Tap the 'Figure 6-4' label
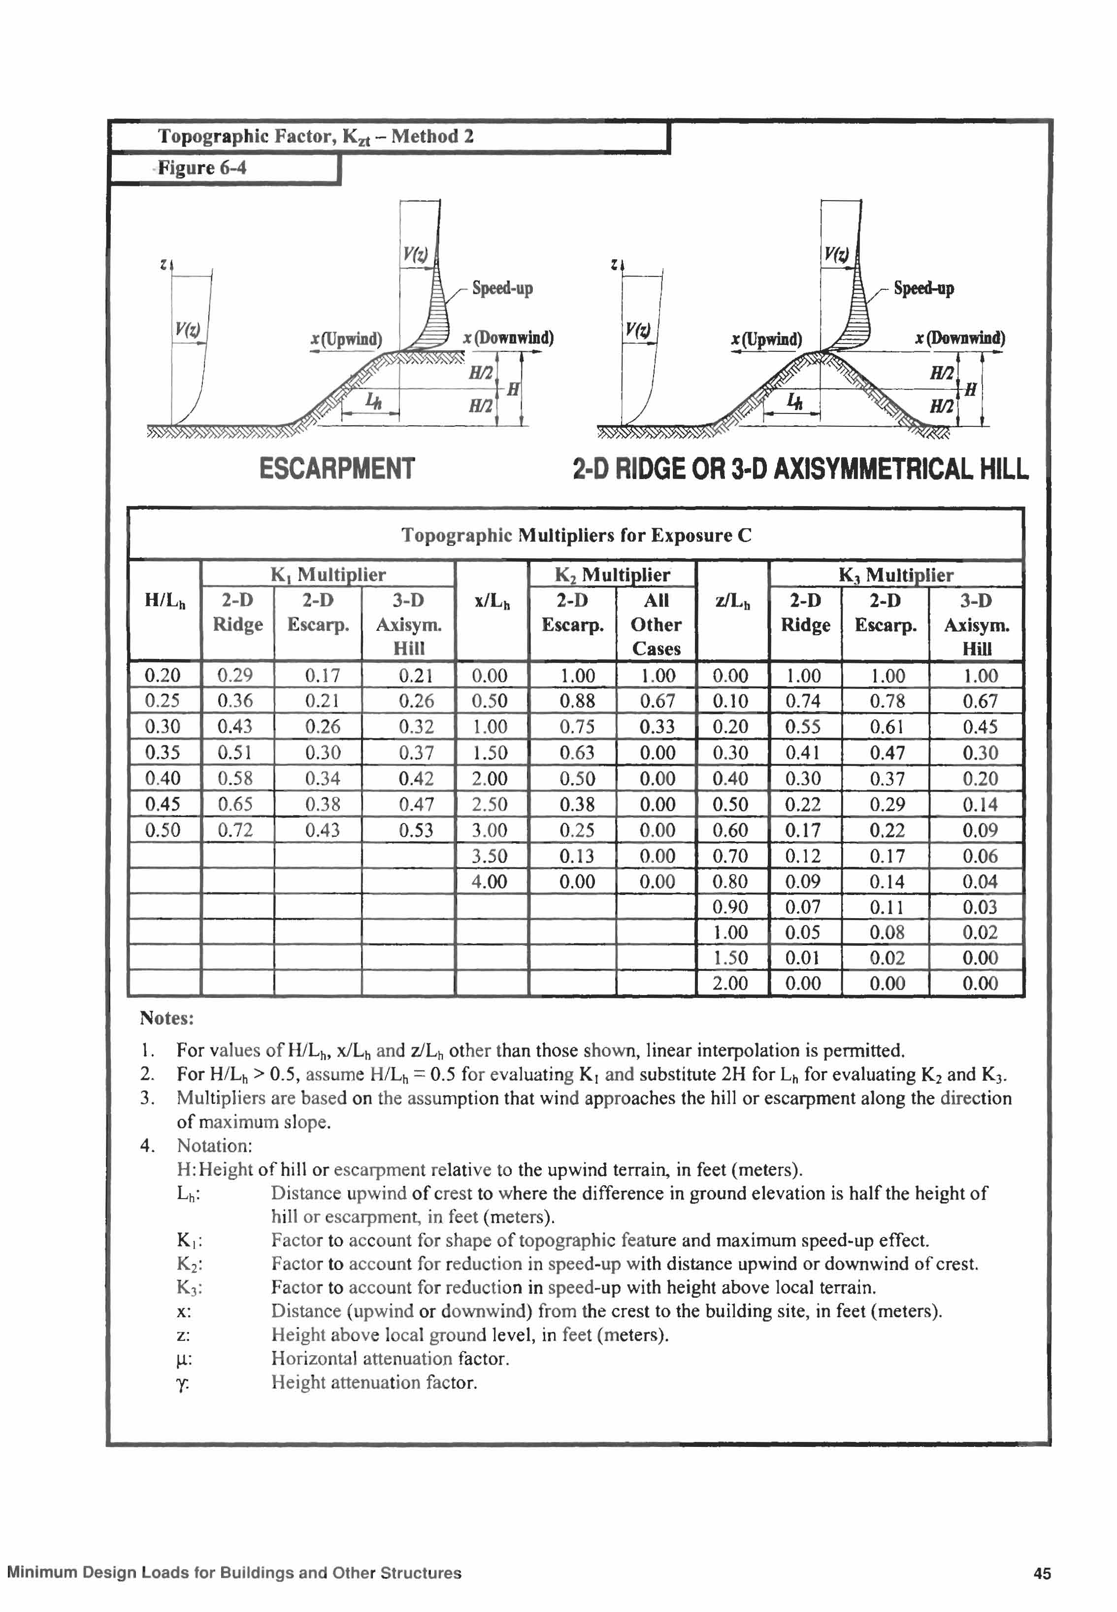[201, 168]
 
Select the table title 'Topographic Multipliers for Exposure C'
[576, 535]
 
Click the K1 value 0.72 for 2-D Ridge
[234, 830]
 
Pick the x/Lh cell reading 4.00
[489, 881]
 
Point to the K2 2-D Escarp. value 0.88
[577, 700]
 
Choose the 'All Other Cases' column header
[656, 624]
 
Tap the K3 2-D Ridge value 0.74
[803, 701]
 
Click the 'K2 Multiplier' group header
[612, 575]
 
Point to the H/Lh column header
[164, 600]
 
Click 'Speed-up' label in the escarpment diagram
[502, 288]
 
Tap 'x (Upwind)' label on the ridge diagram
[766, 340]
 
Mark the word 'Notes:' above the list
[166, 1018]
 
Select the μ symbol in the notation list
[183, 1360]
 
